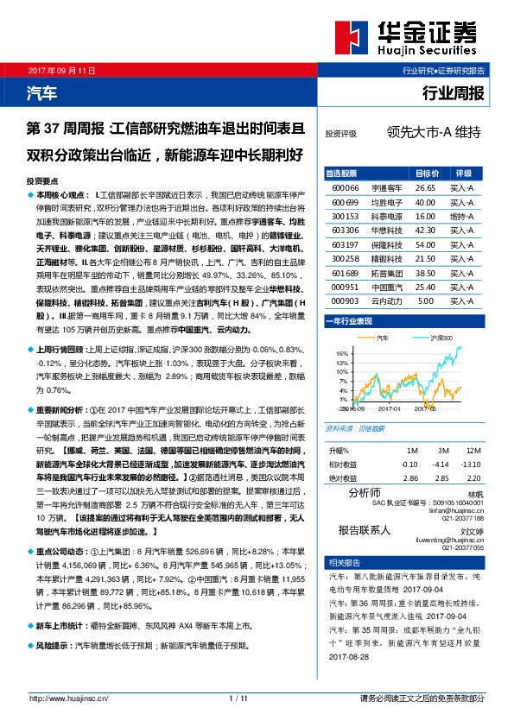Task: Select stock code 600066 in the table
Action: pos(345,186)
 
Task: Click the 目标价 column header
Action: pos(427,173)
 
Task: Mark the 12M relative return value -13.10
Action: pos(472,465)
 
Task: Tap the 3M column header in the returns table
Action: pos(442,452)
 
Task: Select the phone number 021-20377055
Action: pos(463,548)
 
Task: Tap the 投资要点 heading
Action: pos(42,182)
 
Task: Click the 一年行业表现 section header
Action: pos(349,321)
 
